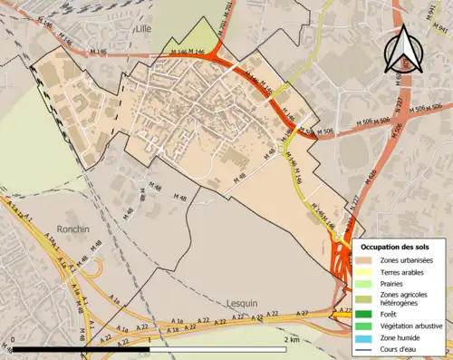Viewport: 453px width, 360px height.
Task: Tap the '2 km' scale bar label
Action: tap(291, 339)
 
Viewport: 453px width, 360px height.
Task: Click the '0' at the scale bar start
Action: tap(14, 339)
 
